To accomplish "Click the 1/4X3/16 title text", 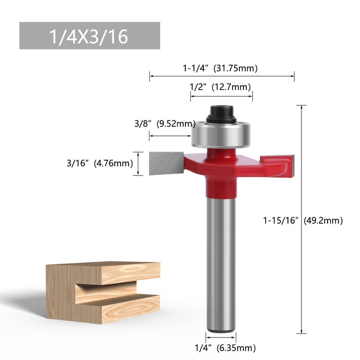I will [89, 36].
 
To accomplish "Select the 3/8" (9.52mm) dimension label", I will [165, 124].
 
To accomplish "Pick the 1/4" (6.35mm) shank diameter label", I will [225, 347].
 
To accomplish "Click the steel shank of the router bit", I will [220, 265].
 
